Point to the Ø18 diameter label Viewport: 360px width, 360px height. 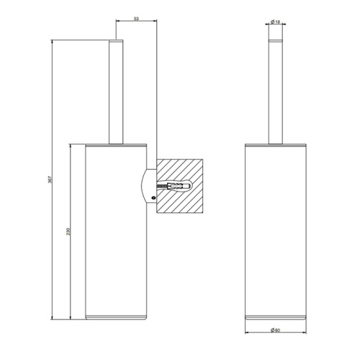[276, 22]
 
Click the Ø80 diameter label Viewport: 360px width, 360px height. [276, 330]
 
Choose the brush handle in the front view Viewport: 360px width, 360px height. [276, 94]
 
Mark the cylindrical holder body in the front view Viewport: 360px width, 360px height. [276, 230]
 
